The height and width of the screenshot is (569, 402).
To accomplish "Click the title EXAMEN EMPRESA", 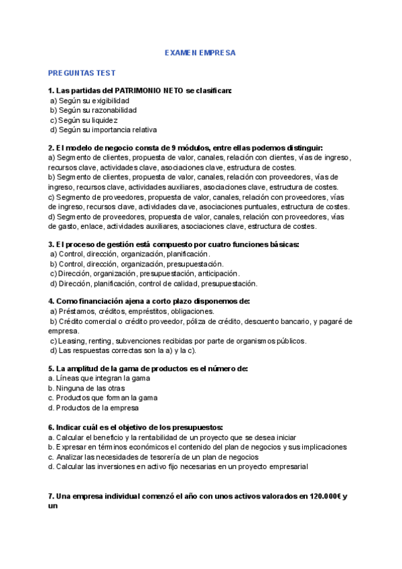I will [200, 52].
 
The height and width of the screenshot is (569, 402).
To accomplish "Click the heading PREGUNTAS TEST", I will [82, 72].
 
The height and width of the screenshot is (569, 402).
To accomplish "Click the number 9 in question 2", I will [174, 148].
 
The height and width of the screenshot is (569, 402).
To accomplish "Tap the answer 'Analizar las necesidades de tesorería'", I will [157, 457].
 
